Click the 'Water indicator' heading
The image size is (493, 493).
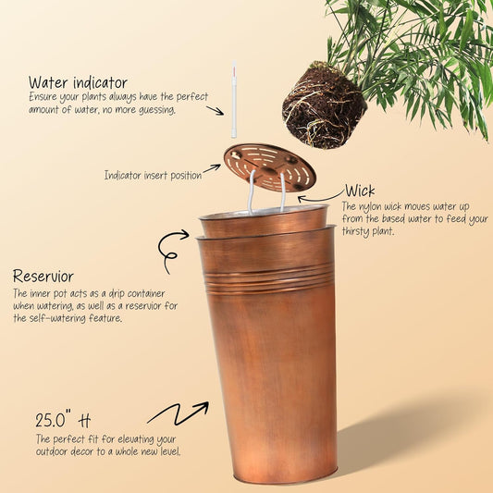pos(78,82)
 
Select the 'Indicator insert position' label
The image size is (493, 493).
pos(153,175)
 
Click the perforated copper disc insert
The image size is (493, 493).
pos(269,166)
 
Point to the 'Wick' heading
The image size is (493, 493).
pos(360,191)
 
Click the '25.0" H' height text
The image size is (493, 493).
pos(63,417)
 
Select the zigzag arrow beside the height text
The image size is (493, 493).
pos(177,413)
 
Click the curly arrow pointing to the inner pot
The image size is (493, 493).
pos(173,250)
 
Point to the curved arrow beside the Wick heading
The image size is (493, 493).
pos(320,196)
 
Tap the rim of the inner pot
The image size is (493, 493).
pos(264,216)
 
